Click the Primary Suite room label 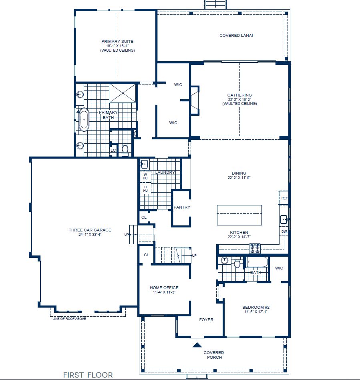pos(117,41)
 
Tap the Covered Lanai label pos(236,35)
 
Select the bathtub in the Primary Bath pos(84,119)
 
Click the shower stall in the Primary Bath pos(123,93)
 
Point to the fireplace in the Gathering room pos(195,100)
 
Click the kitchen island pos(239,215)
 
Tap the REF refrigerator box pos(284,198)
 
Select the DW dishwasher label pos(284,231)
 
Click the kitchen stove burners pos(255,248)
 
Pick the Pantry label pos(182,207)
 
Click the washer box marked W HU pos(145,176)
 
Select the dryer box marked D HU pos(145,189)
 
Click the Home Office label pos(164,288)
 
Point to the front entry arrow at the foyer pos(197,344)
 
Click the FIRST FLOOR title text pos(88,375)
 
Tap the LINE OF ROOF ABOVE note pos(69,319)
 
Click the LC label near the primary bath pos(113,150)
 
